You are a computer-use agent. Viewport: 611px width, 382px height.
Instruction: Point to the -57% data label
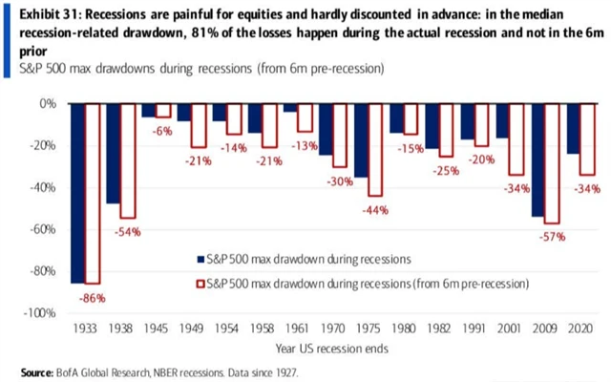click(x=550, y=236)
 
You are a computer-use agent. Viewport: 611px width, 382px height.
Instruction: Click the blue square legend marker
click(x=200, y=259)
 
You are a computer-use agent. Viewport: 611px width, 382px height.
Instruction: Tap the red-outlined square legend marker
click(x=200, y=284)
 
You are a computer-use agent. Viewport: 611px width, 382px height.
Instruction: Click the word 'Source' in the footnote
click(x=36, y=371)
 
